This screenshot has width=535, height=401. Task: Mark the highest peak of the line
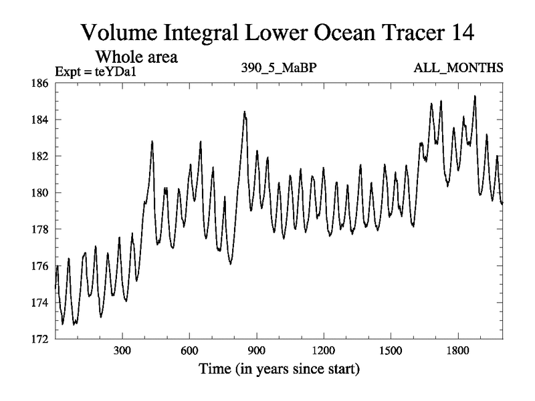pyautogui.click(x=475, y=96)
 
